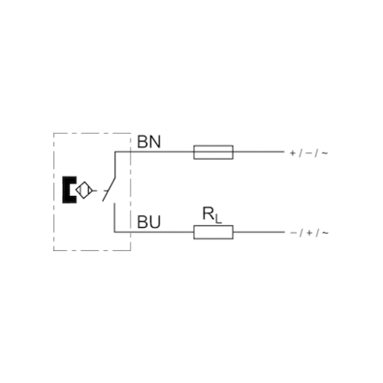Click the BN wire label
click(149, 142)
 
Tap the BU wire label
click(149, 223)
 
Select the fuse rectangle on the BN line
click(214, 152)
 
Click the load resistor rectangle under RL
click(214, 232)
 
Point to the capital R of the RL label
click(208, 214)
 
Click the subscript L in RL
click(218, 219)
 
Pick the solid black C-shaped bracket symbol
click(69, 190)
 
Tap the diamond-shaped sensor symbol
click(84, 190)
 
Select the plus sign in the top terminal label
click(293, 153)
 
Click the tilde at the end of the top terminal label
click(324, 153)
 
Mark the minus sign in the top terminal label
click(309, 153)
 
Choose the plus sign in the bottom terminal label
click(309, 233)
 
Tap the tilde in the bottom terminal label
click(324, 233)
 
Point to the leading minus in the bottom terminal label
click(293, 233)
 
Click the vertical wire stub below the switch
click(114, 217)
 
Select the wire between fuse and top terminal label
click(259, 152)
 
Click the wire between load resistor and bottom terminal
click(259, 232)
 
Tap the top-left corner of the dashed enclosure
click(53, 133)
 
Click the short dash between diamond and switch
click(95, 191)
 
